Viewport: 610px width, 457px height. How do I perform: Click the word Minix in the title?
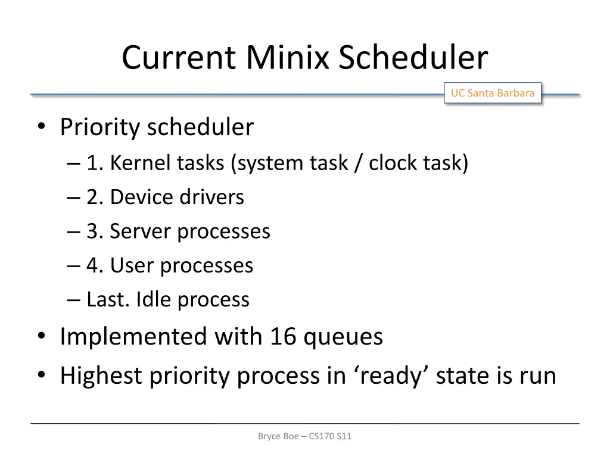pyautogui.click(x=288, y=58)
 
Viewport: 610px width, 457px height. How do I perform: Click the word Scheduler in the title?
pyautogui.click(x=413, y=58)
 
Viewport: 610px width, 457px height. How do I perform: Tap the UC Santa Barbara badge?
pyautogui.click(x=492, y=93)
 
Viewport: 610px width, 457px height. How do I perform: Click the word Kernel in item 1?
pyautogui.click(x=140, y=162)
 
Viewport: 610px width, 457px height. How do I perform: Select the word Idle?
pyautogui.click(x=154, y=299)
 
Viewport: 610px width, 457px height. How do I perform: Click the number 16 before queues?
pyautogui.click(x=283, y=337)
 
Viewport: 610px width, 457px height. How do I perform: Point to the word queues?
pyautogui.click(x=343, y=337)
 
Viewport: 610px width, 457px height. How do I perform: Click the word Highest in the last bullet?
pyautogui.click(x=101, y=376)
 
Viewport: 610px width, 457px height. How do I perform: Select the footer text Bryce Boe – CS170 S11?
pyautogui.click(x=305, y=436)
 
